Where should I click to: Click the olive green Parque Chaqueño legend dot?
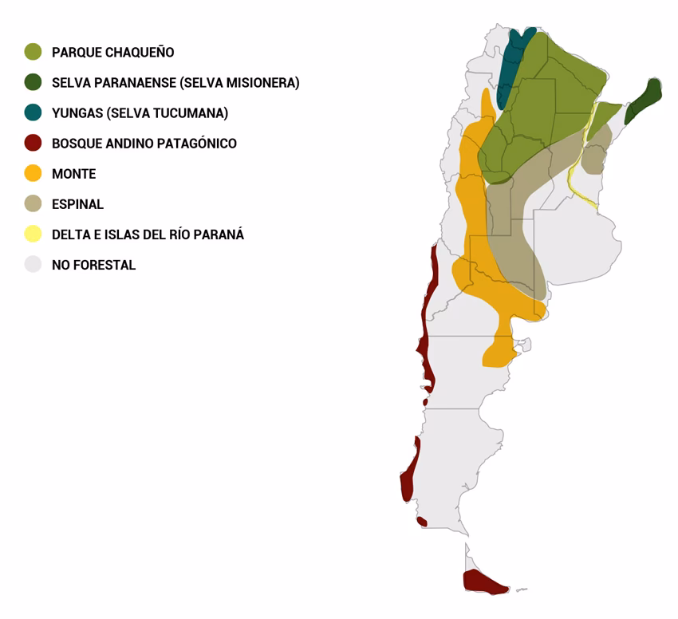coord(33,52)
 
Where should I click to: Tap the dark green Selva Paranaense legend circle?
coord(33,82)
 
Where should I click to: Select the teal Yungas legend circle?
coord(33,112)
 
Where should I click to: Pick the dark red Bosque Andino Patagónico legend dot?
coord(33,143)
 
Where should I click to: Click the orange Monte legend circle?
coord(33,173)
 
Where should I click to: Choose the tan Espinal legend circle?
coord(33,203)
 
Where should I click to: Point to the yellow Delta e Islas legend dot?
coord(33,234)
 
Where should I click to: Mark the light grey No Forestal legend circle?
coord(33,264)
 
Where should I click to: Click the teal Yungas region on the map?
coord(509,68)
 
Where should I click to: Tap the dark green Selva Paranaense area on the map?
coord(645,101)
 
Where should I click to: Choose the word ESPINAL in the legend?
coord(77,204)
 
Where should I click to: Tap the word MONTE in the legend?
coord(73,174)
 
